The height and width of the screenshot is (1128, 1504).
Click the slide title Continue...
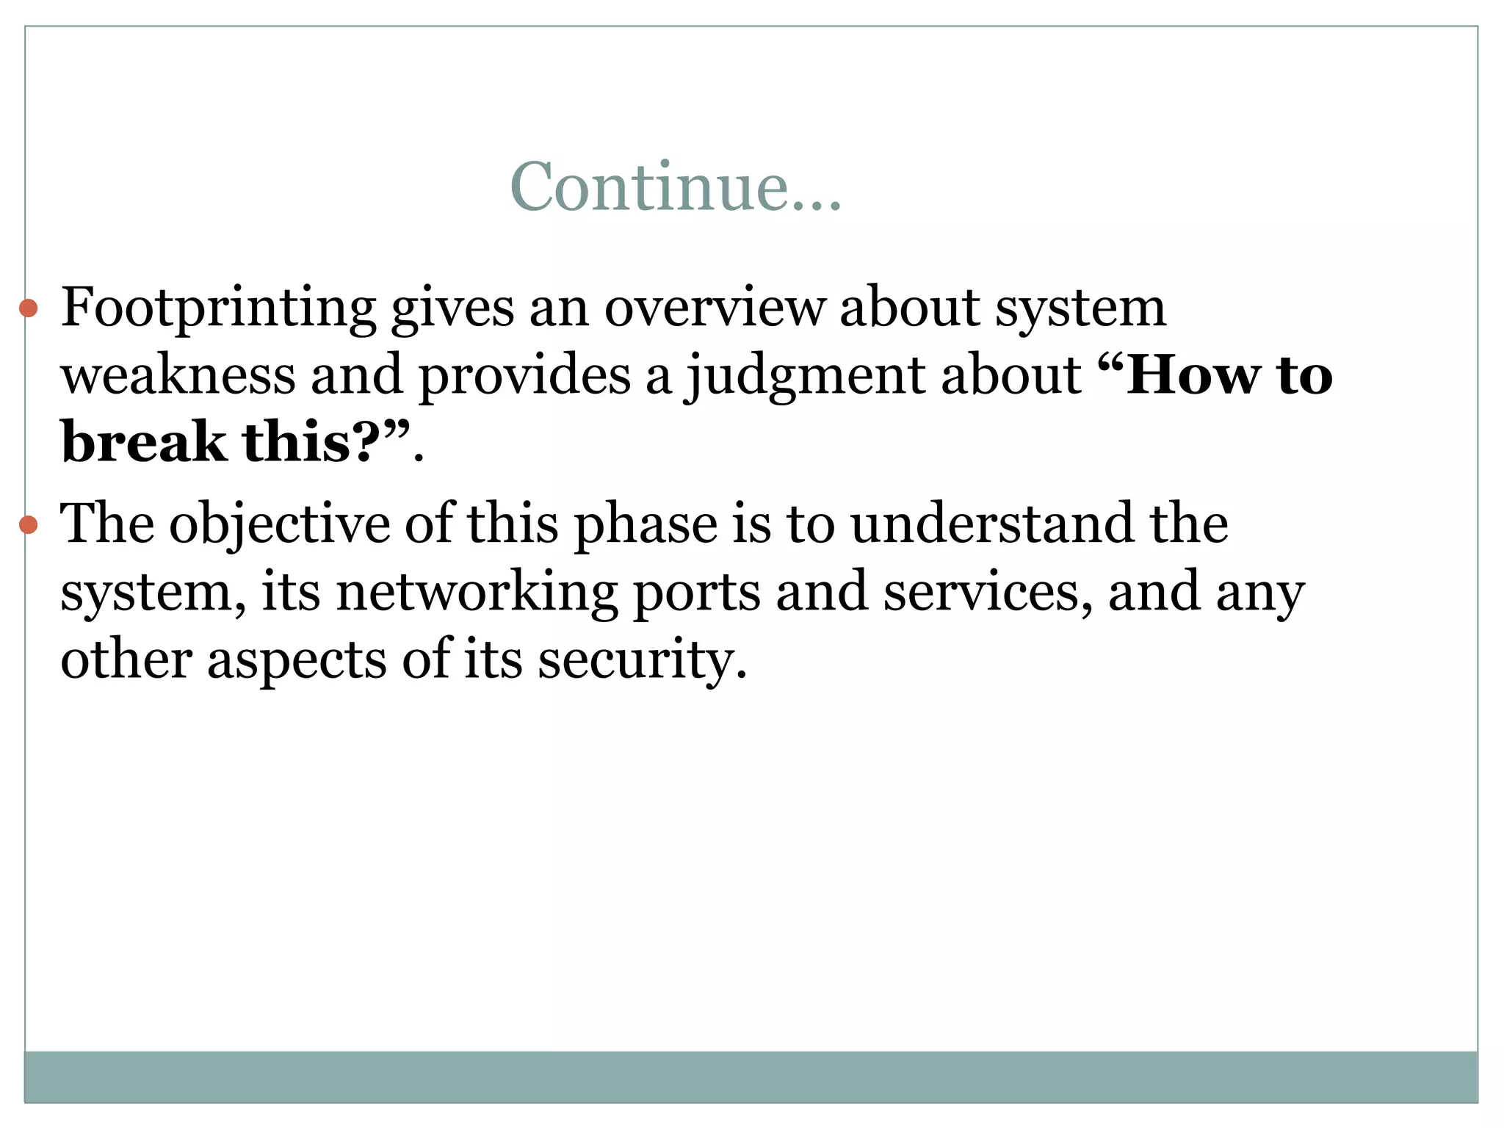pyautogui.click(x=675, y=187)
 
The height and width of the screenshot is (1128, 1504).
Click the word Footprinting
pyautogui.click(x=218, y=308)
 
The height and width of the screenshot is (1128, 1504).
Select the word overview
pyautogui.click(x=715, y=307)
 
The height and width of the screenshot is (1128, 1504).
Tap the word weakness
pyautogui.click(x=178, y=375)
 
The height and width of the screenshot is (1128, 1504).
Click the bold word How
pyautogui.click(x=1193, y=375)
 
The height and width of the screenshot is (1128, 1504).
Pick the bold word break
pyautogui.click(x=144, y=442)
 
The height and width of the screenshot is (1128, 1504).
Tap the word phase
pyautogui.click(x=645, y=525)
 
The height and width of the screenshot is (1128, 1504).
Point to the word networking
pyautogui.click(x=477, y=593)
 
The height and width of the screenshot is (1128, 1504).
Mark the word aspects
pyautogui.click(x=296, y=660)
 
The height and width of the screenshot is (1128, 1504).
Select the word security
pyautogui.click(x=642, y=660)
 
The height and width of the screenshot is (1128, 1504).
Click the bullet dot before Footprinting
pyautogui.click(x=28, y=308)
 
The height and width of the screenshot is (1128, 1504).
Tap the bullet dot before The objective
pyautogui.click(x=28, y=524)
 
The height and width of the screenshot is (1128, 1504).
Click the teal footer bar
pyautogui.click(x=751, y=1076)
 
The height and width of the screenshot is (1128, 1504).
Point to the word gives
pyautogui.click(x=452, y=308)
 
